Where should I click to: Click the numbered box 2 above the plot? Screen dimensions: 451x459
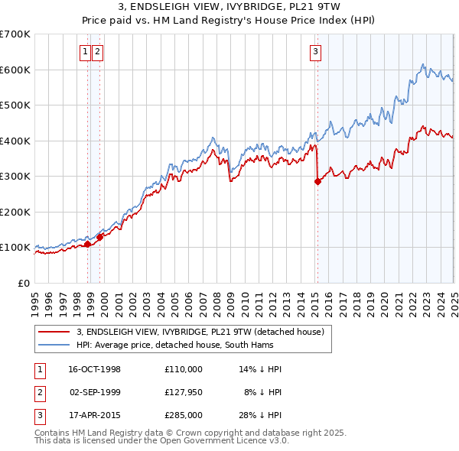tap(98, 52)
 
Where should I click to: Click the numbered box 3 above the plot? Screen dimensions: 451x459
tap(315, 52)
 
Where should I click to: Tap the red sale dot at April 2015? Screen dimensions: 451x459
tap(317, 181)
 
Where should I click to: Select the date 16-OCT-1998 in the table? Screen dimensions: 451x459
tap(94, 369)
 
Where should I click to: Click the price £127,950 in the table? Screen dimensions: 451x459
tap(183, 392)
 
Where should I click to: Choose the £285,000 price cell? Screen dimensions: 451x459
tap(183, 415)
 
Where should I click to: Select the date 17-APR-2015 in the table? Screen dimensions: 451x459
tap(94, 415)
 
